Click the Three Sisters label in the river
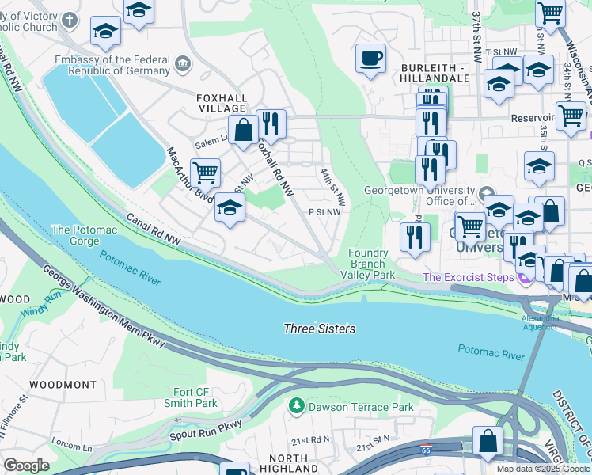pos(320,329)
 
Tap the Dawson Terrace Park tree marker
pos(297,407)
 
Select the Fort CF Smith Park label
pos(195,397)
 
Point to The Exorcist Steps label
pos(468,277)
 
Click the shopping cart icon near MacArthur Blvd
pos(205,171)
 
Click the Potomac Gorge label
pos(84,235)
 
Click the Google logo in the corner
pos(26,465)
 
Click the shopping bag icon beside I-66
pos(488,441)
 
